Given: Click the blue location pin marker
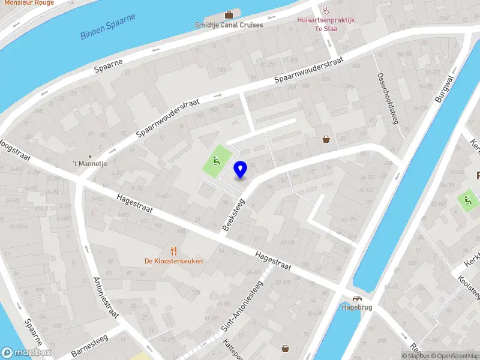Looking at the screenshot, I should [240, 170].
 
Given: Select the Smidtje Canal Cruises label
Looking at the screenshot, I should [229, 25].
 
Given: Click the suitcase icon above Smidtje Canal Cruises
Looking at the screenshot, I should [229, 14].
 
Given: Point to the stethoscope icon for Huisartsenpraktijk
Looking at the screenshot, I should [326, 10].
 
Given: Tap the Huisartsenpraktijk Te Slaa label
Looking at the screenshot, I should [326, 24].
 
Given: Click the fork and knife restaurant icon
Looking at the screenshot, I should [173, 251].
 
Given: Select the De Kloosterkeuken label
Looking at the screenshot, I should [173, 261].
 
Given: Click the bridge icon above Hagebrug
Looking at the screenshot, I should [357, 298].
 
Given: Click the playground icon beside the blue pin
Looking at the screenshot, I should [215, 160].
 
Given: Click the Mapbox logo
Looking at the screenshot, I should [26, 353].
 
